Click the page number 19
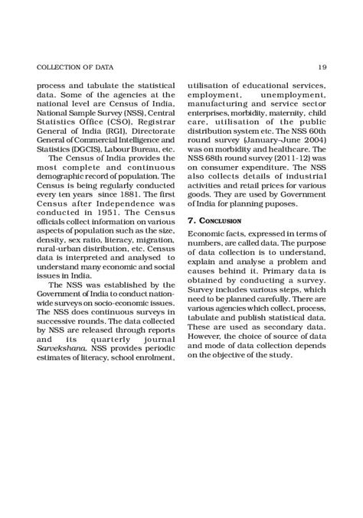tap(323, 66)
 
